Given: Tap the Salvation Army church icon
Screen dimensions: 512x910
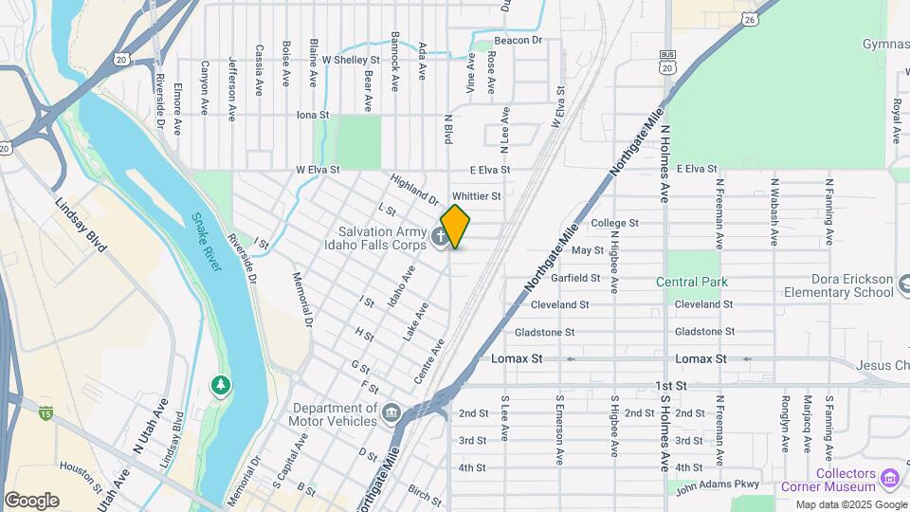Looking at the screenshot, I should click(x=440, y=236).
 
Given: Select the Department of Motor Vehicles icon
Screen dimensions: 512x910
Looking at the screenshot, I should click(x=391, y=413).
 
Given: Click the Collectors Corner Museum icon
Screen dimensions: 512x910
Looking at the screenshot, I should click(x=889, y=475).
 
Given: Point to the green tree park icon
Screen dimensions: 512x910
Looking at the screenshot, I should click(x=220, y=386).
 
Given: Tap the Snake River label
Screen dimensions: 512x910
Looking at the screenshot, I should click(x=207, y=241).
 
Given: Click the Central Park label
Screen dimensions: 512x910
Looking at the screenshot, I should click(x=691, y=282).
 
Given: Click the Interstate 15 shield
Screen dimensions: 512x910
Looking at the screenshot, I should click(x=45, y=412).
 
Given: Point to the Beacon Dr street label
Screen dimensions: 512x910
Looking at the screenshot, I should click(x=518, y=41).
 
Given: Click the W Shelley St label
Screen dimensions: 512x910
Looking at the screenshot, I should click(x=351, y=59).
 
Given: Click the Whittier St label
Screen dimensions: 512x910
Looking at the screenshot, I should click(x=502, y=195).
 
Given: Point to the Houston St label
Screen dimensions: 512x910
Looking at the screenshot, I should click(x=81, y=474).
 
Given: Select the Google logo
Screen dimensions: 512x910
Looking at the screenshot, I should click(x=31, y=501).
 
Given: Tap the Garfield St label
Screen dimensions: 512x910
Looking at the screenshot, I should click(x=576, y=278).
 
